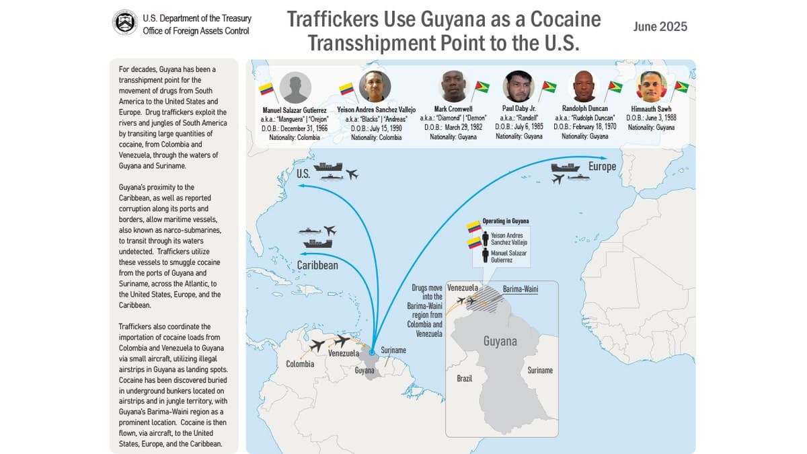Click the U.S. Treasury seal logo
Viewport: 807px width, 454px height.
(x=125, y=22)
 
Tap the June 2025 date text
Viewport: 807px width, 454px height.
(x=660, y=27)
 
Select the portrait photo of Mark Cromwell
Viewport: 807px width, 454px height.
(x=453, y=86)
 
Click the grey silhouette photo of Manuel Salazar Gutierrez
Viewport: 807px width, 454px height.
(x=295, y=87)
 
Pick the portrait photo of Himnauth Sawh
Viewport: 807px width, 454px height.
(x=651, y=86)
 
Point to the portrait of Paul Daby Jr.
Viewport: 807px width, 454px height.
(x=518, y=86)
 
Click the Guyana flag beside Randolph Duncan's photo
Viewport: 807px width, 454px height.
(x=615, y=87)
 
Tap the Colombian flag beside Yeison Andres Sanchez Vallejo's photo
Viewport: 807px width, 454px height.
(x=346, y=89)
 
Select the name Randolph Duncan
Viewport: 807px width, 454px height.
(x=584, y=108)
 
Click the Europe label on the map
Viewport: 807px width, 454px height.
(x=601, y=166)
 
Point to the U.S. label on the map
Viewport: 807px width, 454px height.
(x=302, y=174)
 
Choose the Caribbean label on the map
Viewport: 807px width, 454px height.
(x=317, y=265)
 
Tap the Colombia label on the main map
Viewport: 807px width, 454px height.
(x=300, y=364)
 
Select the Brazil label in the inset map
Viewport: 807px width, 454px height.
(x=464, y=379)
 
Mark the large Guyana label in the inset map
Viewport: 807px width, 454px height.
(x=500, y=341)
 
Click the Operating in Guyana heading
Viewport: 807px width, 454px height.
(x=506, y=221)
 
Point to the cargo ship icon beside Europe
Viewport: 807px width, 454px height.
(x=565, y=167)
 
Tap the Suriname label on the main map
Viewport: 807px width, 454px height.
(x=393, y=350)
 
